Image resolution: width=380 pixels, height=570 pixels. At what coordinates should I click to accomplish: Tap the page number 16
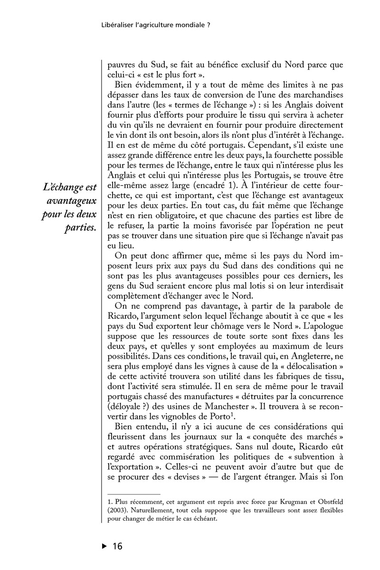[117, 546]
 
